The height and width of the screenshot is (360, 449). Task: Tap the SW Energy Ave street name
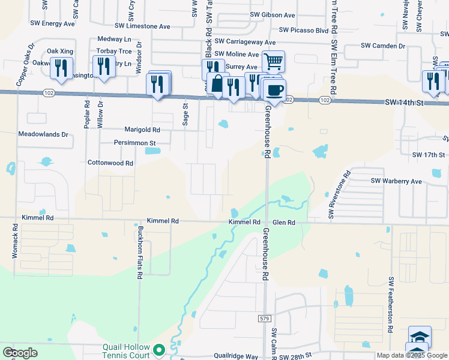53,24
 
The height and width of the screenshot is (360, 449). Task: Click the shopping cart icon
273,61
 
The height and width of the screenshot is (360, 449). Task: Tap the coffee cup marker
274,91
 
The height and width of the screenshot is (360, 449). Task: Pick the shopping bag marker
217,83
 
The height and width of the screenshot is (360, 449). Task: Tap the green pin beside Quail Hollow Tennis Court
159,349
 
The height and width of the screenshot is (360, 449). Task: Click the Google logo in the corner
20,352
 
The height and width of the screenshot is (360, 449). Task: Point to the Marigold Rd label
142,130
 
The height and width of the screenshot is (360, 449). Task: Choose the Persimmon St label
135,143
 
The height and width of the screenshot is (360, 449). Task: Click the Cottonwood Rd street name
110,163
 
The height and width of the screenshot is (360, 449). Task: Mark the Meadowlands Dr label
43,134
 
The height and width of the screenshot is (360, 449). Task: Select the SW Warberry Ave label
396,181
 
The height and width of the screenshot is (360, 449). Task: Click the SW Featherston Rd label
390,305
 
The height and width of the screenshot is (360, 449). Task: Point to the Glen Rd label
284,222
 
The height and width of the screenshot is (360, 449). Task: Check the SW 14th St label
405,103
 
